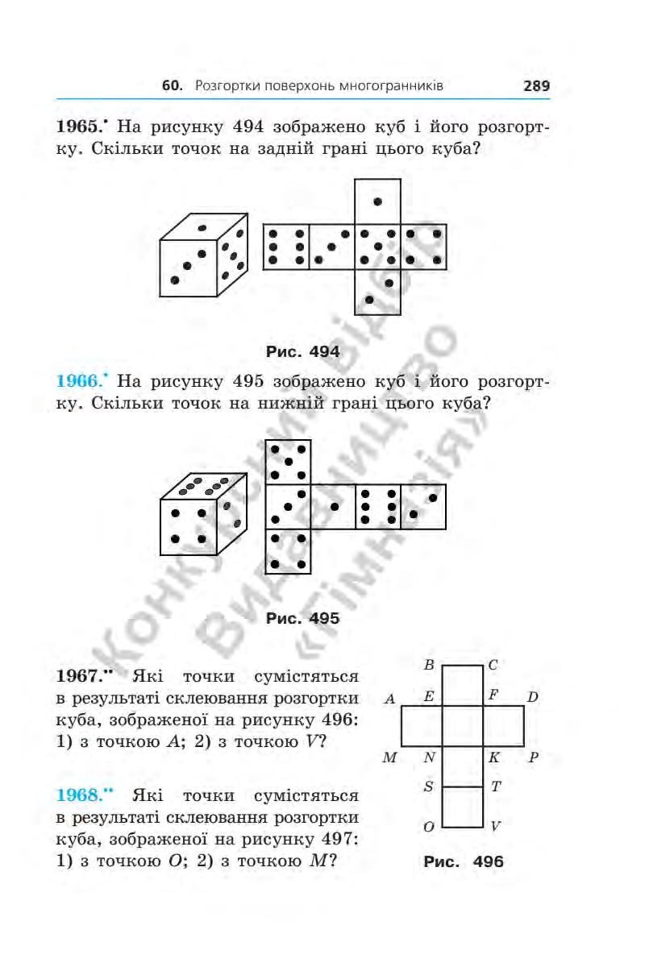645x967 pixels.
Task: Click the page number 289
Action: [x=536, y=85]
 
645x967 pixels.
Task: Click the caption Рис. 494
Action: [x=302, y=351]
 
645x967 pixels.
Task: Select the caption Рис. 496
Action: [x=463, y=861]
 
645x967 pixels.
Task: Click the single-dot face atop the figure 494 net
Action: [x=377, y=201]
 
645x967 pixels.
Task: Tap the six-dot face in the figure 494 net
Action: [x=287, y=247]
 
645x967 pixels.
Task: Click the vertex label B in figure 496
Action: [x=429, y=666]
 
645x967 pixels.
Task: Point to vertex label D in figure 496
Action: [x=533, y=697]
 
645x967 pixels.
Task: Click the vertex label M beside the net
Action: [x=390, y=758]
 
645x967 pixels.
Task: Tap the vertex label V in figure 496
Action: [x=496, y=827]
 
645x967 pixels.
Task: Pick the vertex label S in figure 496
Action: [x=429, y=786]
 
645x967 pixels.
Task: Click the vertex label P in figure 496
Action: [x=533, y=758]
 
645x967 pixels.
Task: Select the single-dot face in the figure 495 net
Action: [x=333, y=507]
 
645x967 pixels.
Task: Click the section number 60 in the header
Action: [x=169, y=85]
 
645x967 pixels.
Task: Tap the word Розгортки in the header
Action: [x=228, y=85]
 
